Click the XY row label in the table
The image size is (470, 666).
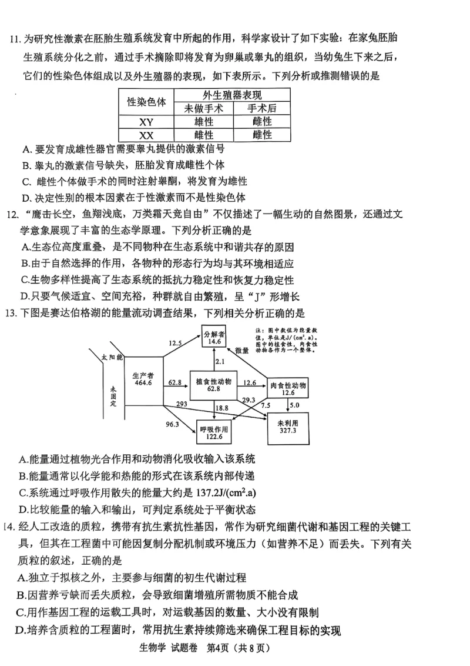146,122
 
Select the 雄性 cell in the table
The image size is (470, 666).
204,122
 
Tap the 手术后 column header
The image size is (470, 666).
261,108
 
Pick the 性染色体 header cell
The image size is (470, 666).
146,101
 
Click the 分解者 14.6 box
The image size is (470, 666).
214,337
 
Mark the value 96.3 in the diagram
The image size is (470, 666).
172,424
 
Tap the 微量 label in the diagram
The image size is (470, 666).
243,351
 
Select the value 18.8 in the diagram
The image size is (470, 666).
221,408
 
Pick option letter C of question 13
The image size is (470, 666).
23,492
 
